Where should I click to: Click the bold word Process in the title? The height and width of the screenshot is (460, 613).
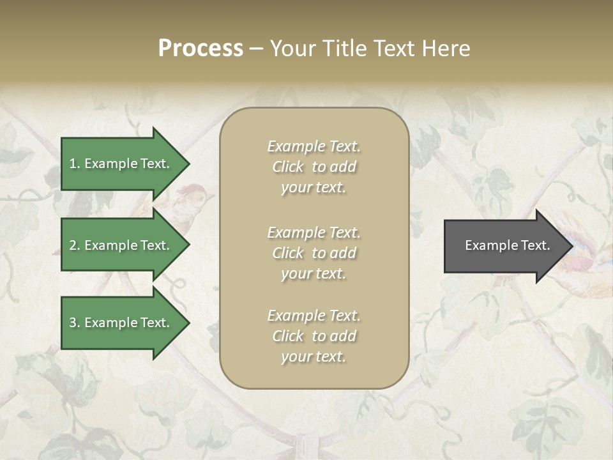[x=201, y=48]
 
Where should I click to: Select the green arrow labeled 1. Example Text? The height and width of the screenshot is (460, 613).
[x=121, y=164]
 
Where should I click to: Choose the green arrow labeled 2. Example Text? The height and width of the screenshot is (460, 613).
[x=121, y=245]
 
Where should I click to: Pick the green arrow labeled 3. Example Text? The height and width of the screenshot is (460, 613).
[x=121, y=323]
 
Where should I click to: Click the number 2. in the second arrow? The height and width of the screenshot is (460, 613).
[x=75, y=245]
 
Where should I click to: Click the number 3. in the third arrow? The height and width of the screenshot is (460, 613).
[x=75, y=323]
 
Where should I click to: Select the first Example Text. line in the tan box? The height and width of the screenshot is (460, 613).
[x=314, y=146]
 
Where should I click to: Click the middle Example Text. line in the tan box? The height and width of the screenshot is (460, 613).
[x=314, y=232]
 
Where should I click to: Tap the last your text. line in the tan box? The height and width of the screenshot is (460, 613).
[x=314, y=356]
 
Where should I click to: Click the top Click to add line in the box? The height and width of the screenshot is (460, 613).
[x=314, y=167]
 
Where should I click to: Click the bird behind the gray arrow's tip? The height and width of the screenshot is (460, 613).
[x=584, y=262]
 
